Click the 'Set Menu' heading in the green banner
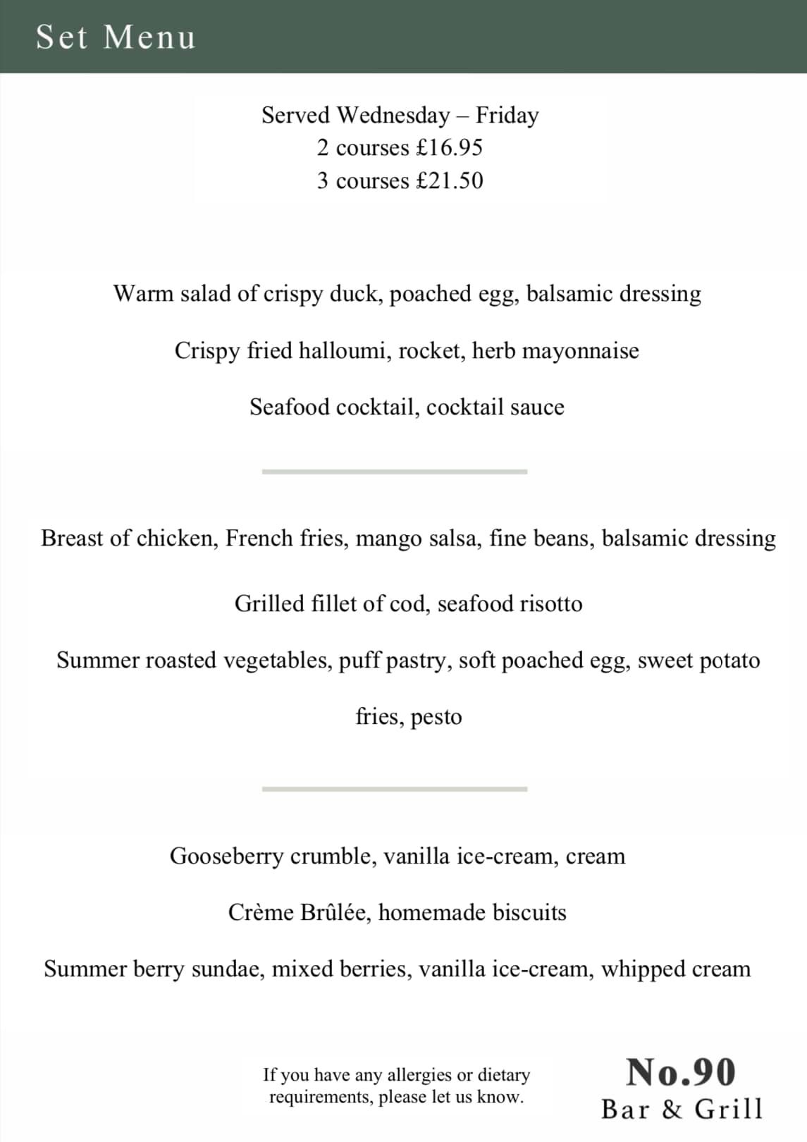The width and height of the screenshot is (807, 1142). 116,37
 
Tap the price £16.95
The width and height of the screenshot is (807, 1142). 449,148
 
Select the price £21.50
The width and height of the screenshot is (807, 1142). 450,181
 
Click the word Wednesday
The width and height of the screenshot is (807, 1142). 393,115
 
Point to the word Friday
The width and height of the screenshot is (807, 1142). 507,115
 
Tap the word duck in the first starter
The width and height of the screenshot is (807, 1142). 357,293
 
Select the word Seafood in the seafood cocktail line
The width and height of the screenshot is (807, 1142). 289,407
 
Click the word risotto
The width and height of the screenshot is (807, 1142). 550,603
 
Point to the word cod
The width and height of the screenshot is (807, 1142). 407,603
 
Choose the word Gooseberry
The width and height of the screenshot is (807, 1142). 226,856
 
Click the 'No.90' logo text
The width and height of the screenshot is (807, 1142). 681,1072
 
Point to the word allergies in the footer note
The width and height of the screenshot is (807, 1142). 419,1075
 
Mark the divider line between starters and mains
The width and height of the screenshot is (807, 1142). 394,472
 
